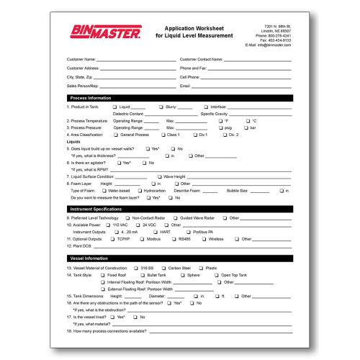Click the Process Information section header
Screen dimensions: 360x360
tap(90, 97)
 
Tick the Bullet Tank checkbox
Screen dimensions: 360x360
tap(142, 275)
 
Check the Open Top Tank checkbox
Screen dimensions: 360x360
tap(215, 275)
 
